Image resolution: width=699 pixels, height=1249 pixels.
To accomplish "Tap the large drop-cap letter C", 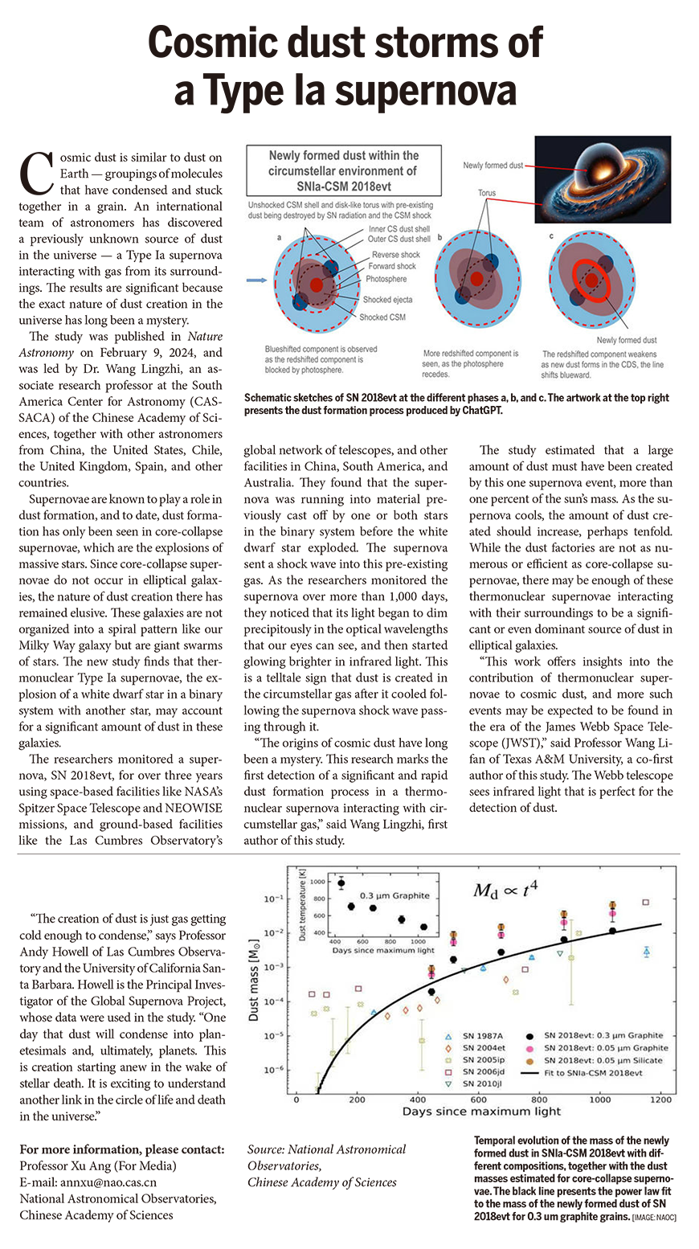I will pyautogui.click(x=35, y=173).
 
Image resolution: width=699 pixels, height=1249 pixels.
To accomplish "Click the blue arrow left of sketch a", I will pyautogui.click(x=255, y=281).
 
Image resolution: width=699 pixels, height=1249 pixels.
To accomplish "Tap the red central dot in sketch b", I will pyautogui.click(x=477, y=278).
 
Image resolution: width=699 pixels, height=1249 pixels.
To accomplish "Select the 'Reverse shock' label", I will pyautogui.click(x=395, y=255).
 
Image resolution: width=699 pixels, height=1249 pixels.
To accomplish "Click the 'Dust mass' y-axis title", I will pyautogui.click(x=253, y=981).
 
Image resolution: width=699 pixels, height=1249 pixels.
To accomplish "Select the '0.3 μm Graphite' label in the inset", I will pyautogui.click(x=394, y=895).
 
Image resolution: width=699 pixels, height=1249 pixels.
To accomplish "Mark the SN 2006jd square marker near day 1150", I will pyautogui.click(x=645, y=903).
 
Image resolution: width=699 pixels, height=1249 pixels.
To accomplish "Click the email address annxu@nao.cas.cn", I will pyautogui.click(x=88, y=1182).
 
